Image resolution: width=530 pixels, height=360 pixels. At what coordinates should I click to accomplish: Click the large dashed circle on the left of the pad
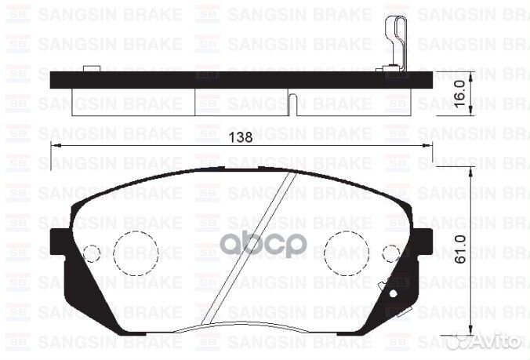tap(136, 253)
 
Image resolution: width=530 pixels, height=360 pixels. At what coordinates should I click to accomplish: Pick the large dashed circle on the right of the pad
tap(347, 253)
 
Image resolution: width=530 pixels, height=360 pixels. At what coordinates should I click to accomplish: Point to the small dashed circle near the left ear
tap(92, 254)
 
